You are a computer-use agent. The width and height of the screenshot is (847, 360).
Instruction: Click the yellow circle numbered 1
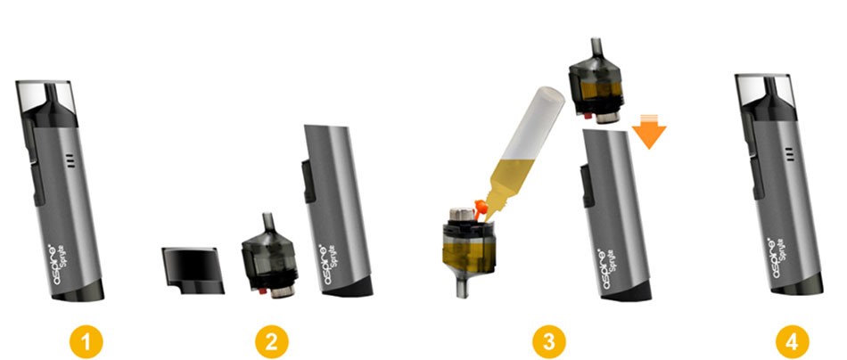89,340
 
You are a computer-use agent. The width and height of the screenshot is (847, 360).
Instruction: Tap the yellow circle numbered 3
546,340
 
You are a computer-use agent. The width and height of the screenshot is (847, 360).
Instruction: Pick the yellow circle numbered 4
793,340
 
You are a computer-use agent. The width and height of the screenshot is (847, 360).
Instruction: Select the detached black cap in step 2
190,270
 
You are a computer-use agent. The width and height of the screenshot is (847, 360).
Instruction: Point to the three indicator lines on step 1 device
68,161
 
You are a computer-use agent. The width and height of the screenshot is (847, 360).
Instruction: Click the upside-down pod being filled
466,244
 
